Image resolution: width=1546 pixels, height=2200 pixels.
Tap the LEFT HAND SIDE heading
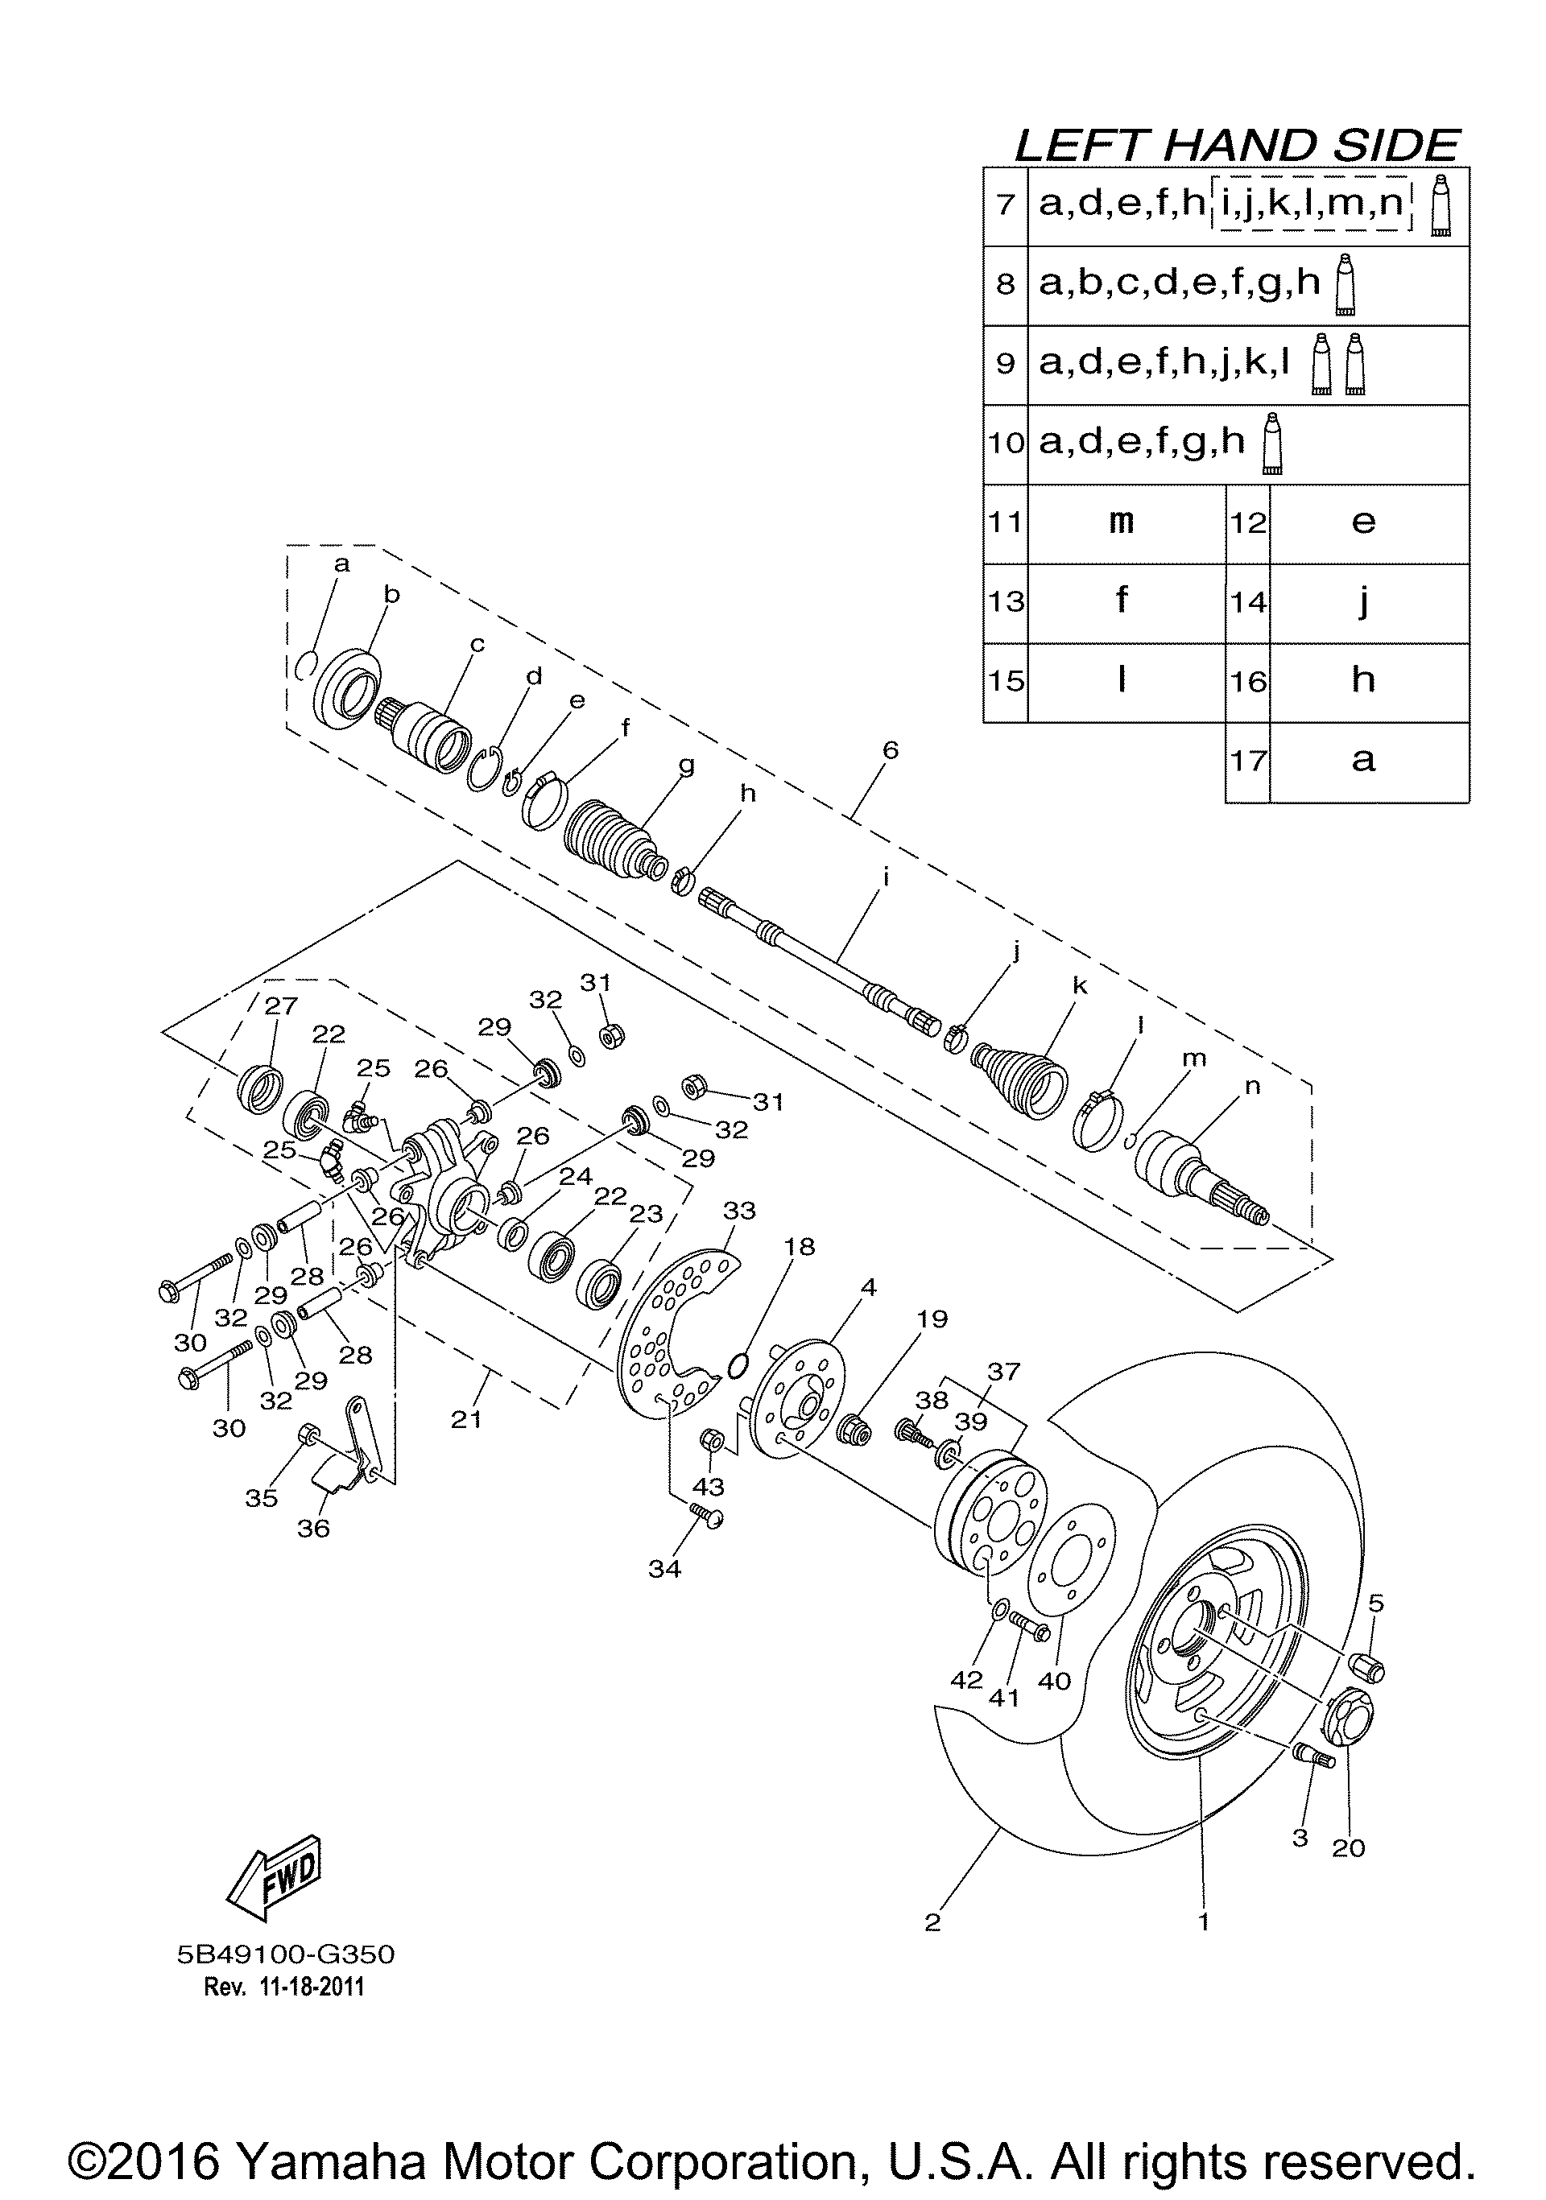point(1237,146)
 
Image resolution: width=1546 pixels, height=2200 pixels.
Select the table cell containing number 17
point(1248,762)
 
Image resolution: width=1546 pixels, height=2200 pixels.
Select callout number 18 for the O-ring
point(799,1247)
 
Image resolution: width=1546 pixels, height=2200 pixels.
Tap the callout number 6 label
point(891,750)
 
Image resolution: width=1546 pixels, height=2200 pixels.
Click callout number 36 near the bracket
point(313,1529)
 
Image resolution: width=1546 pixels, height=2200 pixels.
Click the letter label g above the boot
point(686,766)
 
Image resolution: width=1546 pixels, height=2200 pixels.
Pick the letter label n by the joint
point(1253,1086)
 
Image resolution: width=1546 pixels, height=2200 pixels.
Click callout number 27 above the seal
point(282,1005)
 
